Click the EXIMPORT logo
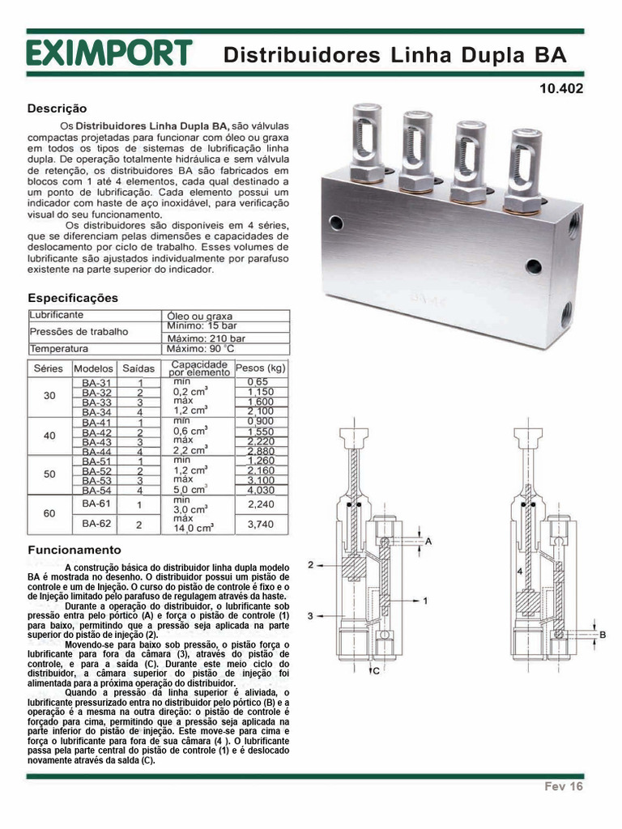[109, 53]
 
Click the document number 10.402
[560, 89]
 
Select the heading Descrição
[57, 108]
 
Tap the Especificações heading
[73, 298]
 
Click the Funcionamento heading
[69, 550]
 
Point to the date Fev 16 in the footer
[563, 786]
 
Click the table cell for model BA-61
[96, 504]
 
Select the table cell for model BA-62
[96, 524]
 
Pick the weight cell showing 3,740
[259, 524]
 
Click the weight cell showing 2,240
[259, 504]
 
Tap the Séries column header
[49, 368]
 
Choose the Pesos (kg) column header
[261, 368]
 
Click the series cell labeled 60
[49, 513]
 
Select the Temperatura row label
[59, 349]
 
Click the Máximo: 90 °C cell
[199, 349]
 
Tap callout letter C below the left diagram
[376, 670]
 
